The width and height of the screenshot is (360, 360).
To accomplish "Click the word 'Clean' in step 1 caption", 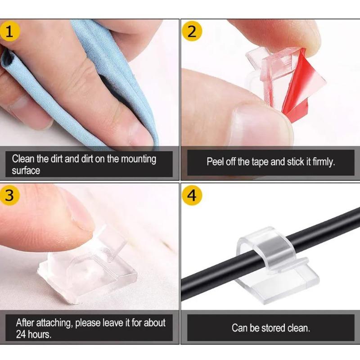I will (x=22, y=159).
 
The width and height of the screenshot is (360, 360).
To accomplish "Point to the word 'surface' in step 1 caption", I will (x=26, y=171).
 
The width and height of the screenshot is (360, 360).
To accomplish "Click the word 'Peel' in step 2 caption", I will (x=215, y=162).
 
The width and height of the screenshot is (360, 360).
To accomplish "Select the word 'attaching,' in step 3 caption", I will (x=55, y=323).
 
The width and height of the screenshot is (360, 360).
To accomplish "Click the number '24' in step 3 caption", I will (x=21, y=334).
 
